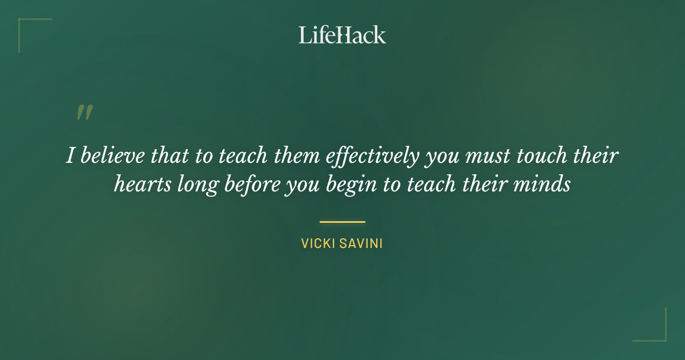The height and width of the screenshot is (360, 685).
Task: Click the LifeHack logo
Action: click(x=342, y=35)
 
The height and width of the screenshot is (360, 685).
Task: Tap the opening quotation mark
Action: click(x=84, y=112)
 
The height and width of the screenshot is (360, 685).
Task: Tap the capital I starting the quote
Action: click(x=70, y=156)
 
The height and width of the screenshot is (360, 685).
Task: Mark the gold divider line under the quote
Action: click(x=342, y=222)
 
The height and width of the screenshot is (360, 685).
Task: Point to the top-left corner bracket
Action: click(x=26, y=26)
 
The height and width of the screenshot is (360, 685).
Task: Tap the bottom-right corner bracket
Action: click(x=659, y=334)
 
